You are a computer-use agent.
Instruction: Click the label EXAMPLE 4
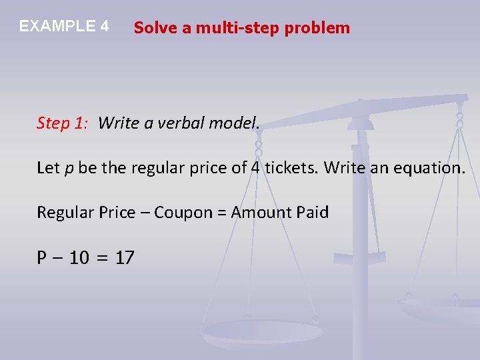click(64, 27)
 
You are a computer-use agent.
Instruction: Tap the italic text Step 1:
click(61, 123)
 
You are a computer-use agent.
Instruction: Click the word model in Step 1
click(234, 123)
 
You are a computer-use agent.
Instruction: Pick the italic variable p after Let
click(69, 169)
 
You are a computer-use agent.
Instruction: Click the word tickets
click(291, 168)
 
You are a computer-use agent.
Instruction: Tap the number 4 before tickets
click(255, 168)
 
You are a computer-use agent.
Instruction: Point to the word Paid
click(313, 213)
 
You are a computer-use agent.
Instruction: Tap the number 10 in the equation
click(79, 258)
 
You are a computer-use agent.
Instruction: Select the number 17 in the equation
click(125, 258)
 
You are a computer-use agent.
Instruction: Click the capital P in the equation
click(42, 258)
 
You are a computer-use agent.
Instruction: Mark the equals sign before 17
click(102, 258)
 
